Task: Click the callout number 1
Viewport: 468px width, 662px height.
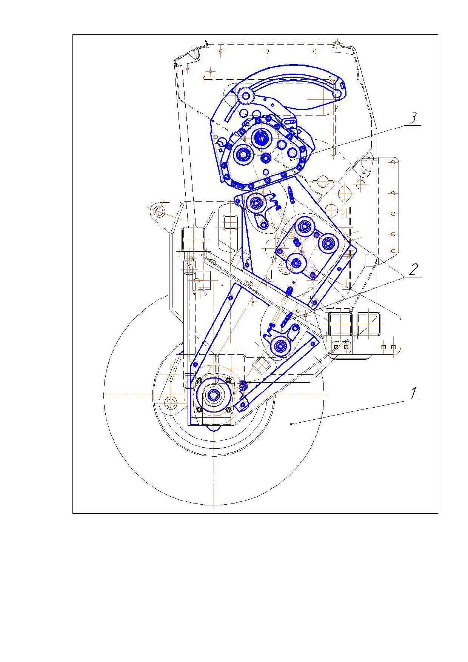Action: pos(414,393)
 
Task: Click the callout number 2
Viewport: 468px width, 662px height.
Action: pos(414,269)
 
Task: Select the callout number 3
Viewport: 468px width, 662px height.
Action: pos(413,118)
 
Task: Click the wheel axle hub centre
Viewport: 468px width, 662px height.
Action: pos(214,394)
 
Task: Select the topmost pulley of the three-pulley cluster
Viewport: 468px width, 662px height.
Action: pos(304,226)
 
